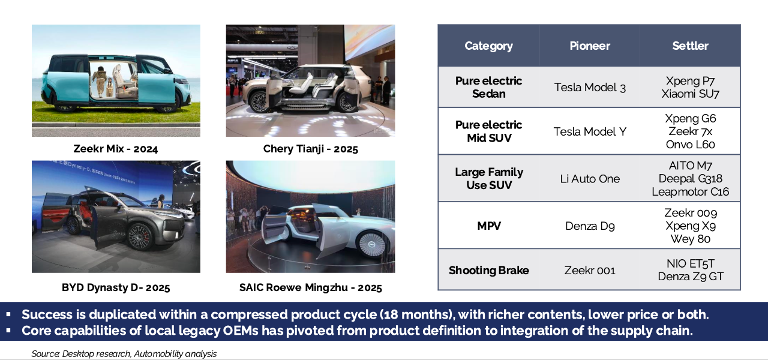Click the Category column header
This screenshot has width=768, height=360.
(x=488, y=46)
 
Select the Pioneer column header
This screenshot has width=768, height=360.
(x=590, y=46)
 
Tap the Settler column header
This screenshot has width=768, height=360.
(x=690, y=46)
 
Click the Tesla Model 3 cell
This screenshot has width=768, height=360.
(x=590, y=88)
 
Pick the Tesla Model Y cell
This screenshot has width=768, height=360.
(x=590, y=131)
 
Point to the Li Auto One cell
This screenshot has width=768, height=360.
(x=590, y=179)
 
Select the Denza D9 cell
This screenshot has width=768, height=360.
(x=590, y=226)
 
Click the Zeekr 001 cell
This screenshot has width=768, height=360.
(x=590, y=271)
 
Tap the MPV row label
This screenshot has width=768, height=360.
(x=489, y=226)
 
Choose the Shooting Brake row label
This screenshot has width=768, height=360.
(x=488, y=271)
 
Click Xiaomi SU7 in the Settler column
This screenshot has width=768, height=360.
(x=690, y=94)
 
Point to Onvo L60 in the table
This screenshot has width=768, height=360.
(x=690, y=145)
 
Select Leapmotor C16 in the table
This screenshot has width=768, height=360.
(x=690, y=191)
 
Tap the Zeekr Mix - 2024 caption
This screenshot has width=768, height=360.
(x=116, y=149)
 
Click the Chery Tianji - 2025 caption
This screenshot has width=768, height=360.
(x=311, y=149)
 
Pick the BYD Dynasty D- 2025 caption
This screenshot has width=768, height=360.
(x=116, y=287)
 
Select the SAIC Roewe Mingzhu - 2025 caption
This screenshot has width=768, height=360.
(x=311, y=287)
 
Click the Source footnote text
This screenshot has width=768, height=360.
(x=124, y=354)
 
